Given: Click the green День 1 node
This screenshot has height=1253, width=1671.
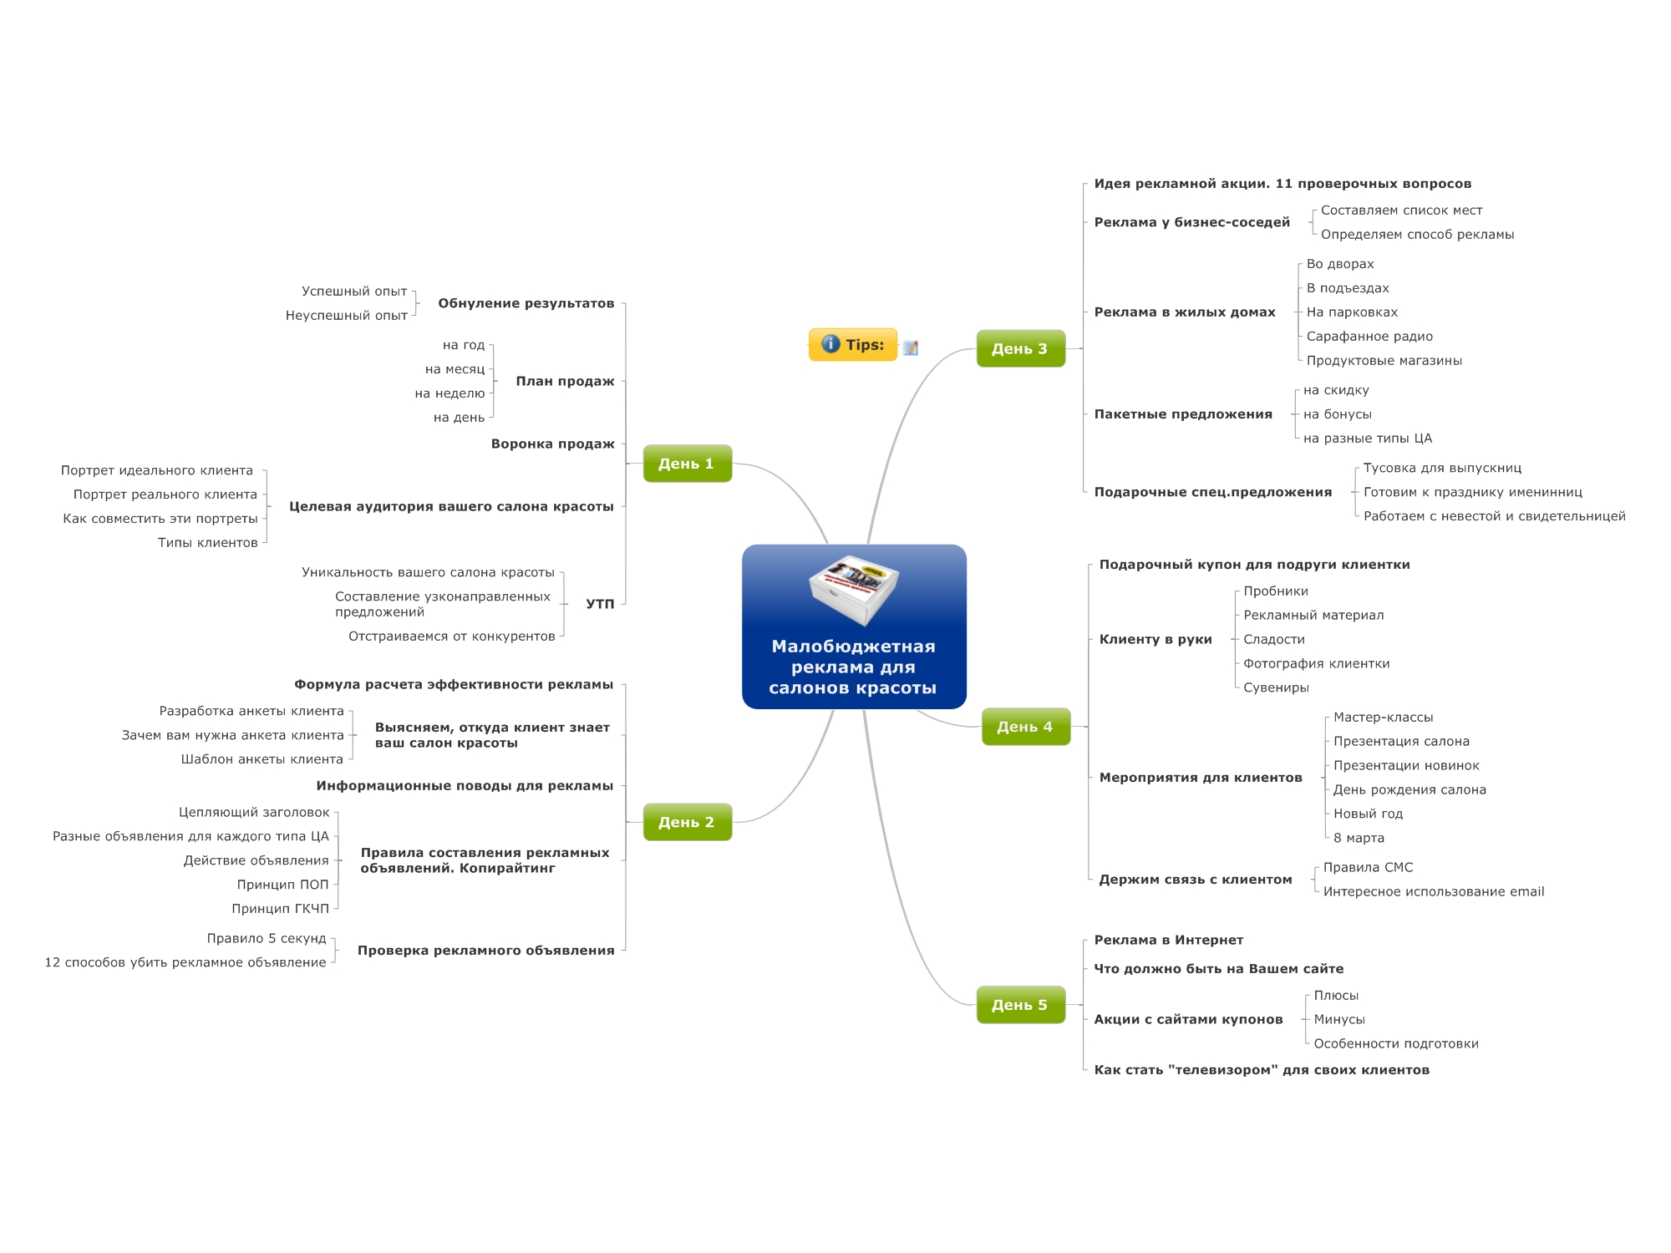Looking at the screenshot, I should click(x=687, y=464).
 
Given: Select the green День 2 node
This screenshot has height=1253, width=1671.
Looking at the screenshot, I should click(x=687, y=822).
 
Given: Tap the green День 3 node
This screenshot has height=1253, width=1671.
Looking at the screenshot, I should click(x=1020, y=348).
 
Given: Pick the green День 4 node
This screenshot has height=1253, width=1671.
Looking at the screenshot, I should click(x=1025, y=727).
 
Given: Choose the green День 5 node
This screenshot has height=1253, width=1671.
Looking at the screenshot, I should click(x=1020, y=1005).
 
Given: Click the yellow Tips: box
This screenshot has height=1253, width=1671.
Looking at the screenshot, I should click(x=853, y=345).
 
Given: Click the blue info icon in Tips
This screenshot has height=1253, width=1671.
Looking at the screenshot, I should click(x=830, y=344).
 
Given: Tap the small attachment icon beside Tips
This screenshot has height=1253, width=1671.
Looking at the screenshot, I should click(x=911, y=347).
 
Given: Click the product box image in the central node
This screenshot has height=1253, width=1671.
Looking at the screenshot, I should click(x=854, y=590).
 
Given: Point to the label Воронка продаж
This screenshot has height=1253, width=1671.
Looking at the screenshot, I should click(x=552, y=444).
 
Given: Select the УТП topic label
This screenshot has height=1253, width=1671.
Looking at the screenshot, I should click(x=600, y=604).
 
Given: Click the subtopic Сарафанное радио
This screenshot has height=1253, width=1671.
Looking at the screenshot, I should click(x=1369, y=337).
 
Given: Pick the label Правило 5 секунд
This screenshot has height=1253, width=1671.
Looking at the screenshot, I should click(x=267, y=939).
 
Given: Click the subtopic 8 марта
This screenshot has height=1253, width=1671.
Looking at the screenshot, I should click(x=1359, y=838).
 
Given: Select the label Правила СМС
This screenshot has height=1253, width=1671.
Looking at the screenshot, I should click(x=1368, y=868).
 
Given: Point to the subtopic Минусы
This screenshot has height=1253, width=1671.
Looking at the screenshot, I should click(x=1339, y=1020).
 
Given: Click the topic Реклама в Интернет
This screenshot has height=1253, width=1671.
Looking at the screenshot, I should click(x=1168, y=941).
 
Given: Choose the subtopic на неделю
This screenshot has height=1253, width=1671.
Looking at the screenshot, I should click(x=449, y=393).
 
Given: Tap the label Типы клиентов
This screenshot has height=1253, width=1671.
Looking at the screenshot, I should click(x=208, y=543).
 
